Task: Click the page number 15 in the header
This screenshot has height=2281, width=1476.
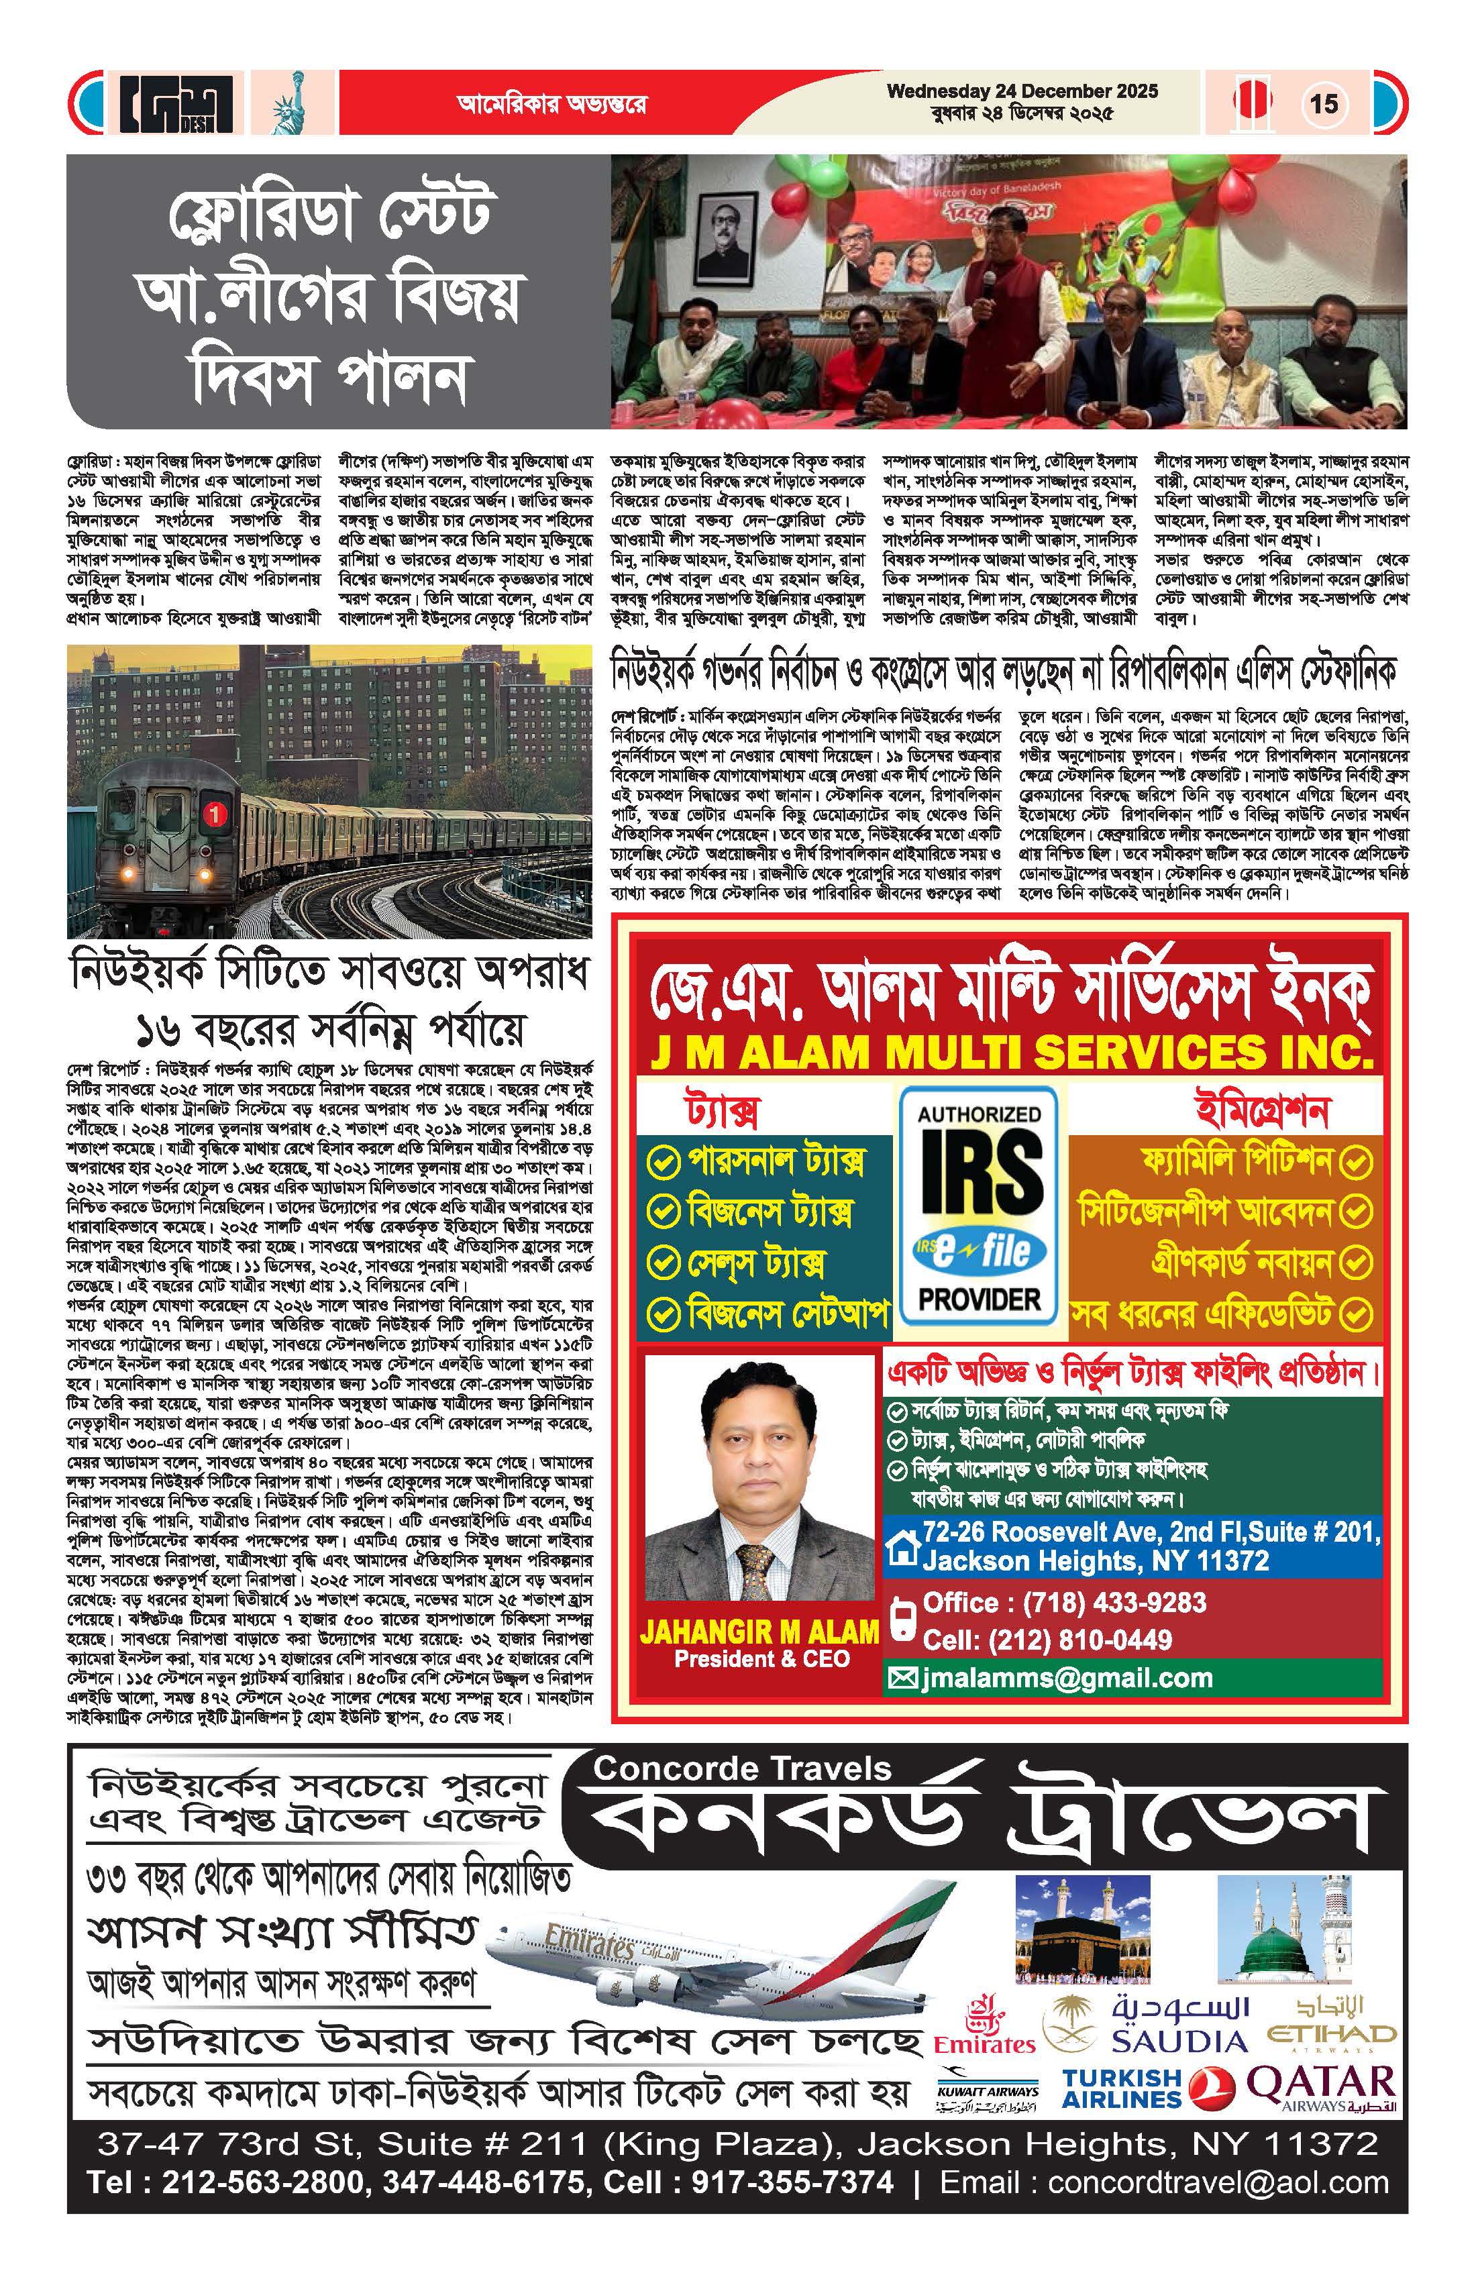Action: pos(1324,103)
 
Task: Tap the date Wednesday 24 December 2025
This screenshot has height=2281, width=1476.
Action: pos(1022,92)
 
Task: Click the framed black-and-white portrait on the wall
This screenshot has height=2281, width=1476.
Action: pos(723,240)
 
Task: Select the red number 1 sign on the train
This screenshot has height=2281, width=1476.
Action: pos(215,814)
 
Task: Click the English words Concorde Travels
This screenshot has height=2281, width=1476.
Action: pos(743,1768)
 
